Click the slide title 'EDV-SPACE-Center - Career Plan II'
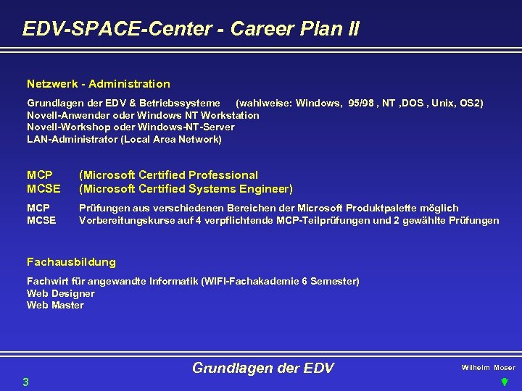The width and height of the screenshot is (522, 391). (x=191, y=29)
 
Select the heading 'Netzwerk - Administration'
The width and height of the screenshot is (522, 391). (x=99, y=84)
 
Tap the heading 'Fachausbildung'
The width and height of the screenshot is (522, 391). (x=71, y=262)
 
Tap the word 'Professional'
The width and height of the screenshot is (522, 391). (x=223, y=175)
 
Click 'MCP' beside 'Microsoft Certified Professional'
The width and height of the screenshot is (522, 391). (x=39, y=175)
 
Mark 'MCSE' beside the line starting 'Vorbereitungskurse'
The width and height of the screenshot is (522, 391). (x=41, y=220)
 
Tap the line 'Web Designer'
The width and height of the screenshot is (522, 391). (x=61, y=293)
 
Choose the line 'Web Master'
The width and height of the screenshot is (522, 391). (x=55, y=305)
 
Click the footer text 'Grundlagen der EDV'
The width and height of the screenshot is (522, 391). (x=262, y=368)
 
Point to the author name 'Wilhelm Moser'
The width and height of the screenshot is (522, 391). (x=488, y=368)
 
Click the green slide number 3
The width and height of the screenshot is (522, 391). (x=25, y=382)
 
